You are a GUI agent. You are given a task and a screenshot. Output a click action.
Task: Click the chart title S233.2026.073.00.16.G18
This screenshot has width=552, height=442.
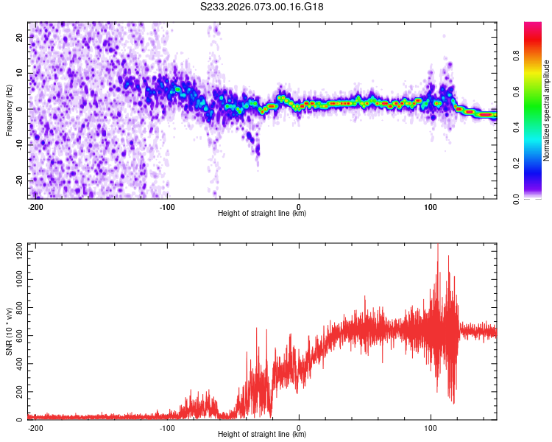[x=263, y=7]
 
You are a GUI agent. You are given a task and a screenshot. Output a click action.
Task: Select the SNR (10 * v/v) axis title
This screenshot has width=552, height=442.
[x=9, y=331]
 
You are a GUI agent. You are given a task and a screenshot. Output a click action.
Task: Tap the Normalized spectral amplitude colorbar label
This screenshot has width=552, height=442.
[x=547, y=110]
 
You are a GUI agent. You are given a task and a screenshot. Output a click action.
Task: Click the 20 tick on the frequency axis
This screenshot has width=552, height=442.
[x=20, y=37]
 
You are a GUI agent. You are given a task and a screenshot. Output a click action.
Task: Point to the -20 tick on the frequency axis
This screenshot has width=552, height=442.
[x=18, y=180]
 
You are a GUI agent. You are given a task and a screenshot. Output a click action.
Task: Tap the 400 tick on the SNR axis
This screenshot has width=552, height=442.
[x=17, y=364]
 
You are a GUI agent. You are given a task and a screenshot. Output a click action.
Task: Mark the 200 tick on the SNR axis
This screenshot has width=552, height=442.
[x=17, y=392]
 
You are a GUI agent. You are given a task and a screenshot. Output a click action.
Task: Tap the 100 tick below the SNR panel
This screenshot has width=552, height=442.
[x=431, y=427]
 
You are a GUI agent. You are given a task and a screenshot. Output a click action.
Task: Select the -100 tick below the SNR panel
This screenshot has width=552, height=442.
[x=167, y=427]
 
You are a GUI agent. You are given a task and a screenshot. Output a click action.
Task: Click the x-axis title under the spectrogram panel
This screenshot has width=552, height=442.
[x=263, y=214]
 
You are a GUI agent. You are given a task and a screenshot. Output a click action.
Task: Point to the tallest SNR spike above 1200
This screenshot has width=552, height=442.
[x=438, y=246]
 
